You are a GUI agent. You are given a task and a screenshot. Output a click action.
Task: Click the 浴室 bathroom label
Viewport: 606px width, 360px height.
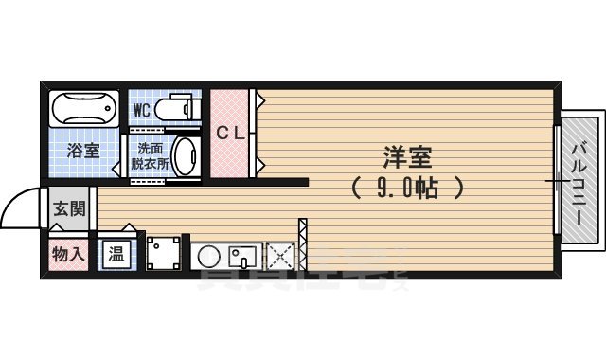[x=81, y=150]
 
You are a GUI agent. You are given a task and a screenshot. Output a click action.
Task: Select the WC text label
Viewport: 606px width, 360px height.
[x=141, y=110]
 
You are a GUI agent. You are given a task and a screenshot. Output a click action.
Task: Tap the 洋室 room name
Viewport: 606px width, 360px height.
[x=408, y=156]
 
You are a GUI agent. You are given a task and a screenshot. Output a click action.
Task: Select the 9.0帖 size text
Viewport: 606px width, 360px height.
[x=407, y=188]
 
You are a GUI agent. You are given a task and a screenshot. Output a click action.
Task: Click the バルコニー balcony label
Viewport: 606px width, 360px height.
[x=579, y=180]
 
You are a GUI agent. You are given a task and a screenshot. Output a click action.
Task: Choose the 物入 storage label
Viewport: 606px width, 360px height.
[x=68, y=254]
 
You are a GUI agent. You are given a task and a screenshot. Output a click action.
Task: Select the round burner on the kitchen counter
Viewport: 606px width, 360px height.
[x=208, y=256]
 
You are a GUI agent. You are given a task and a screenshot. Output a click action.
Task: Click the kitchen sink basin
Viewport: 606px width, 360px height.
[x=242, y=256]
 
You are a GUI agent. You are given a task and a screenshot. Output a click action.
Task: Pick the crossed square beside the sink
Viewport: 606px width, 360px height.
[x=281, y=256]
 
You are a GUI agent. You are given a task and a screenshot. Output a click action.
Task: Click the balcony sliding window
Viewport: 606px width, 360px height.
[x=556, y=180]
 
